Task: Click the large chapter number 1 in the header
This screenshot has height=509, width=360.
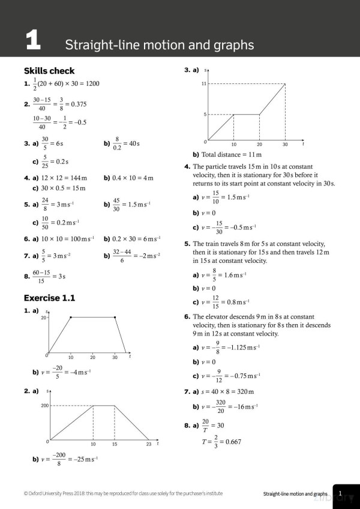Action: click(33, 41)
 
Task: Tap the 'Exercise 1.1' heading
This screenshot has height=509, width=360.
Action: click(49, 298)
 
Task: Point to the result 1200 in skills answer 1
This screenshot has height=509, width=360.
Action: click(89, 84)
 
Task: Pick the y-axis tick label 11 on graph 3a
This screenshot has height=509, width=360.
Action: click(204, 84)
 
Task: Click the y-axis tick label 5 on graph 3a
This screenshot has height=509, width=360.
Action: click(205, 114)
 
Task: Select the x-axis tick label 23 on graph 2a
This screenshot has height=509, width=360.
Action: click(149, 445)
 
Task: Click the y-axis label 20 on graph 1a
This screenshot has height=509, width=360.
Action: click(43, 317)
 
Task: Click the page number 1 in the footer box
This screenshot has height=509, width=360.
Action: click(340, 493)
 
